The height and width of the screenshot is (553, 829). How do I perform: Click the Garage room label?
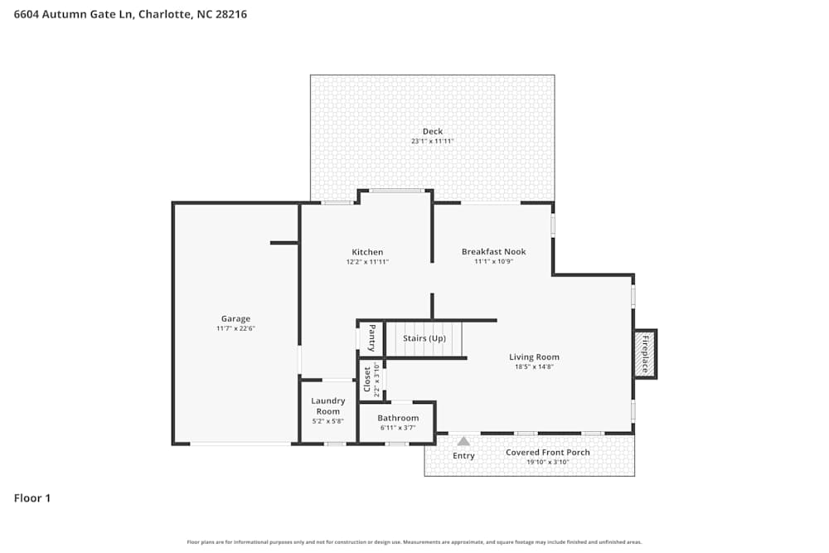(x=235, y=318)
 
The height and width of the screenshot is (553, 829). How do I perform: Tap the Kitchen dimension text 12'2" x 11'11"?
(x=367, y=262)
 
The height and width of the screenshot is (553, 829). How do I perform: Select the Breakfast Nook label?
(x=493, y=251)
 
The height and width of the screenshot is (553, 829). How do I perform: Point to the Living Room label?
(x=534, y=357)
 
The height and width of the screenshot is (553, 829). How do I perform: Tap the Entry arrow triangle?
(x=463, y=442)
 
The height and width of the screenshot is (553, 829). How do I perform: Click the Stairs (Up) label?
(x=424, y=338)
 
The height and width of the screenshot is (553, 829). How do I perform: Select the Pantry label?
(x=371, y=338)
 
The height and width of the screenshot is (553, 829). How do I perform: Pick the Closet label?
(x=366, y=379)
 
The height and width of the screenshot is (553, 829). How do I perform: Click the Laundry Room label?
(x=327, y=406)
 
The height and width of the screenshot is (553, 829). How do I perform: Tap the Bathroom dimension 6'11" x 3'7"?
(x=398, y=428)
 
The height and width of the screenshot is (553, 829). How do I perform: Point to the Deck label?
(x=433, y=131)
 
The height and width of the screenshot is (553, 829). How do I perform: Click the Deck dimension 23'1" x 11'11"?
(x=433, y=142)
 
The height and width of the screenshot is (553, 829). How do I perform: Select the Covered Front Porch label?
(x=548, y=453)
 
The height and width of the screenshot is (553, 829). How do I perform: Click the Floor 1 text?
(x=32, y=498)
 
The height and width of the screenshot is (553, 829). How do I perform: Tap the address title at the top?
(x=130, y=14)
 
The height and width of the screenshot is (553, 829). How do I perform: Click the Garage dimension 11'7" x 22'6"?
(x=235, y=329)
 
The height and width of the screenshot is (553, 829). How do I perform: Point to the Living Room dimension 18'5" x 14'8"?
(x=534, y=367)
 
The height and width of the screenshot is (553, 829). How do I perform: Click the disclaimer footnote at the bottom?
(x=414, y=542)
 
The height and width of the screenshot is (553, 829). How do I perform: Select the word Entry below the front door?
(x=463, y=456)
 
